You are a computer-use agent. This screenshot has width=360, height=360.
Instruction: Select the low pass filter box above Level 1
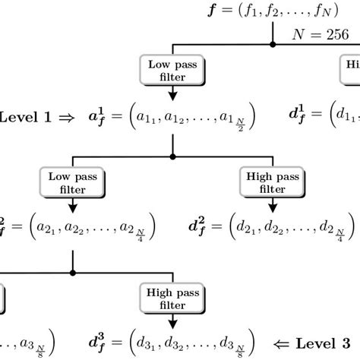coord(173,70)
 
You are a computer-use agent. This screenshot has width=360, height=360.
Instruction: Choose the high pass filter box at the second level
coord(273,182)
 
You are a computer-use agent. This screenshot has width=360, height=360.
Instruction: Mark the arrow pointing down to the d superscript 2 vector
coord(273,205)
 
